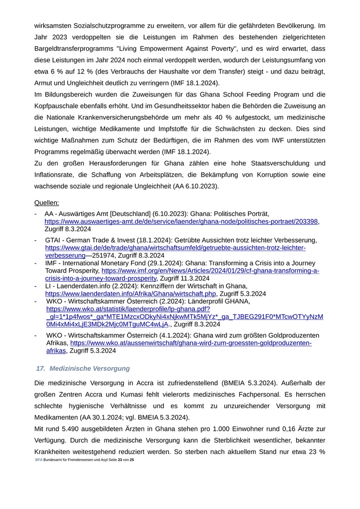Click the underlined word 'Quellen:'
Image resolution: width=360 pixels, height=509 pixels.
tap(47, 203)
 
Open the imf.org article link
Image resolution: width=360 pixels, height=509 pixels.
tap(210, 270)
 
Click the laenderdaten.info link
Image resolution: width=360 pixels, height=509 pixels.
tap(131, 294)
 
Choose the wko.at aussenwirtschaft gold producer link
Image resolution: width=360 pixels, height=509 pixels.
tap(190, 343)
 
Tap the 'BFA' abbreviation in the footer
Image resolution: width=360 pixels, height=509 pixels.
tap(39, 459)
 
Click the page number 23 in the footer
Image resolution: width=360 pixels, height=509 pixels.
tap(120, 459)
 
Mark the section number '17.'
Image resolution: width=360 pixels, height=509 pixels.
tap(41, 369)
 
